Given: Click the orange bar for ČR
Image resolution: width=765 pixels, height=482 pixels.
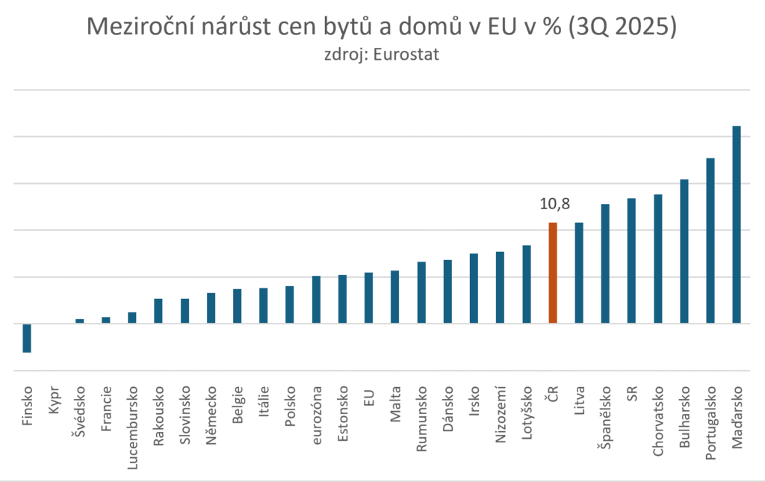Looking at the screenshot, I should point(553,273).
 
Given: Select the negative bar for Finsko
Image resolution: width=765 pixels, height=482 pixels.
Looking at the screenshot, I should point(27,338).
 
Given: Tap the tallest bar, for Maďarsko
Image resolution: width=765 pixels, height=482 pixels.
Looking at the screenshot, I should point(737,224).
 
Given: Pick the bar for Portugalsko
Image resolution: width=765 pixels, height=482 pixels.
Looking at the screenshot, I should point(710,241).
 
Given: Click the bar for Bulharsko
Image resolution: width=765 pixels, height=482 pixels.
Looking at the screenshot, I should point(684,251).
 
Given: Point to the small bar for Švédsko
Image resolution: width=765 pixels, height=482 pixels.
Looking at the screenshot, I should point(79,321).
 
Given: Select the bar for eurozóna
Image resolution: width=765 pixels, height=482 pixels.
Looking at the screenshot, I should point(316,300).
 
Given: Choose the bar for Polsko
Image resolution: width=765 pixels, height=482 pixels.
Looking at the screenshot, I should point(290,305).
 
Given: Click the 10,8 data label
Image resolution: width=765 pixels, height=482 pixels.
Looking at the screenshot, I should point(554,204).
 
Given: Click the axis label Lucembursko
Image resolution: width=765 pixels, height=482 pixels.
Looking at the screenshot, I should point(132,427).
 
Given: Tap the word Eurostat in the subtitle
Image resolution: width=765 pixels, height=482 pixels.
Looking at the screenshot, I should point(406,55).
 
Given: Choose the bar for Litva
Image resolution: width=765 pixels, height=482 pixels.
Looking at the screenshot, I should point(579,273).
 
